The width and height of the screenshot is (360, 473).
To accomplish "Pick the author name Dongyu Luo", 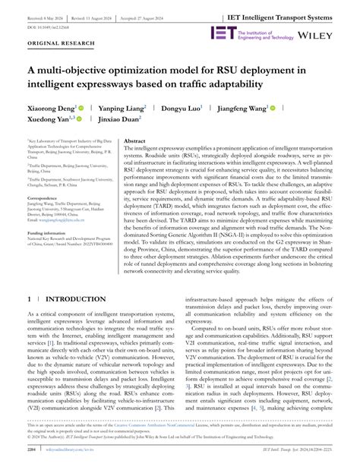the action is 182,109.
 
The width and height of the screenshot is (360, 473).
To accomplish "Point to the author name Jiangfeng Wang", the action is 245,109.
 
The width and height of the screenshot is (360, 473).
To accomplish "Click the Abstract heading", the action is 134,141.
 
